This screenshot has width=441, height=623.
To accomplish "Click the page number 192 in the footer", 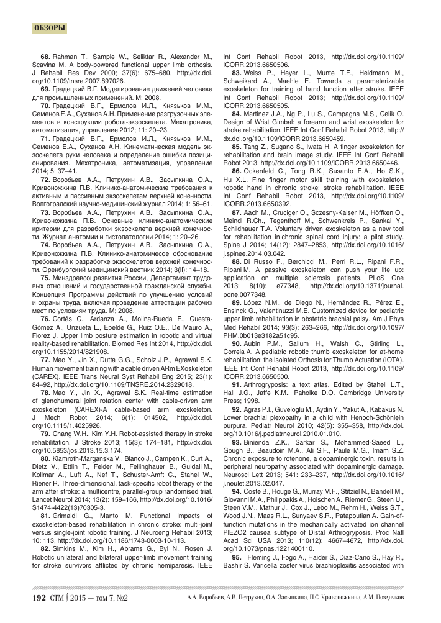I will pyautogui.click(x=40, y=598).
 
